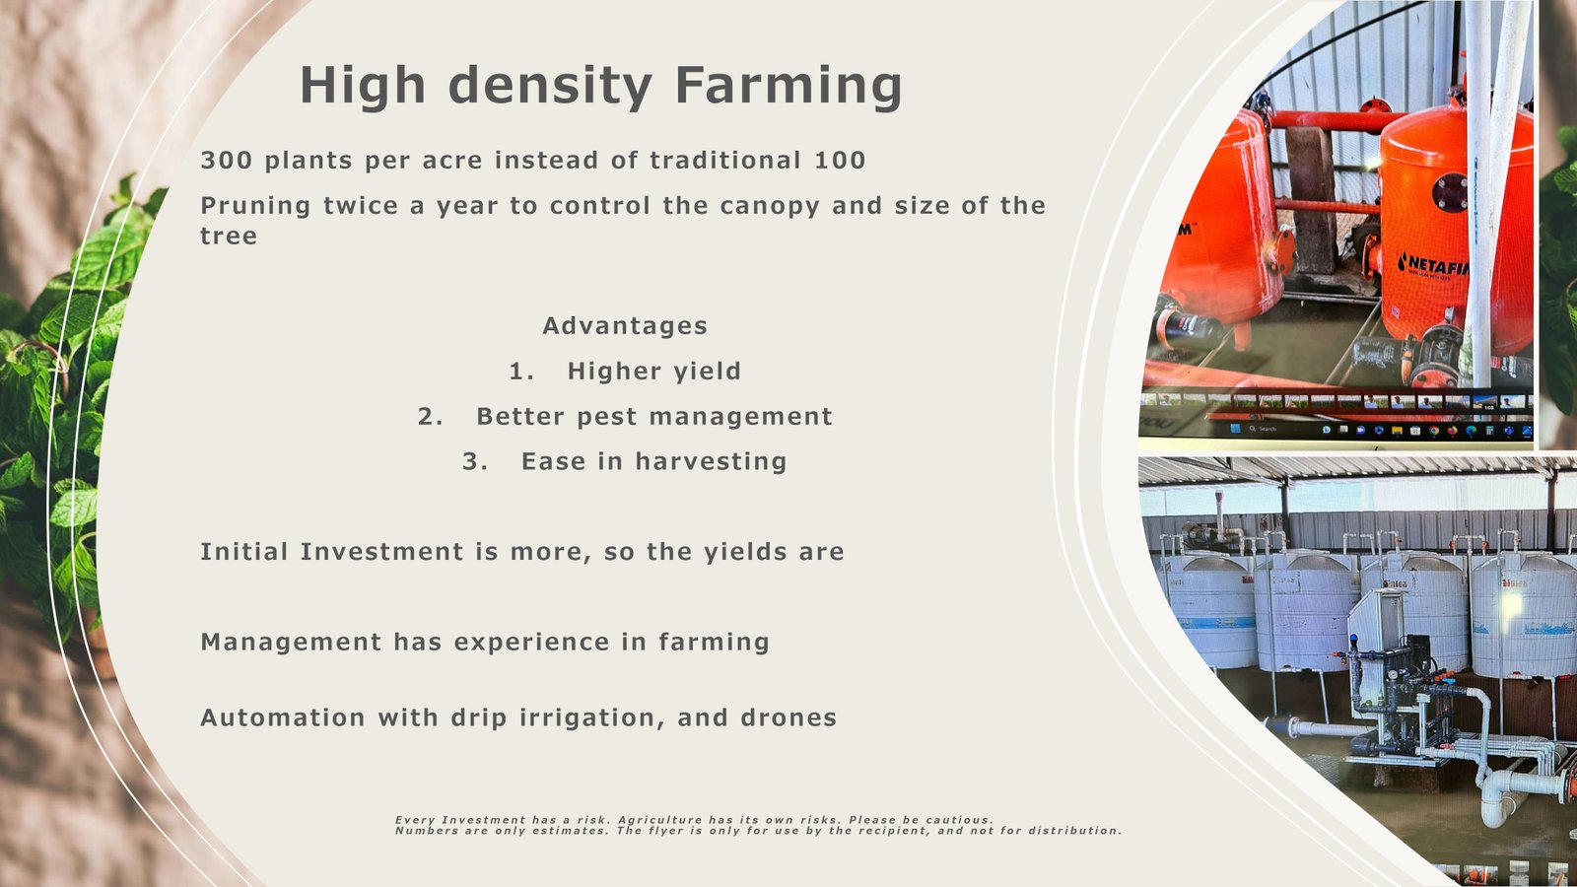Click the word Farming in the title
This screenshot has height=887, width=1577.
[788, 87]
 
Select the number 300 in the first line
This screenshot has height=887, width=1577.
[226, 161]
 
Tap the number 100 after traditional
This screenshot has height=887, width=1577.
[840, 161]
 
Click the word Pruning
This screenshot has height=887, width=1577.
[255, 206]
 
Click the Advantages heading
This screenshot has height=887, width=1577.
[625, 326]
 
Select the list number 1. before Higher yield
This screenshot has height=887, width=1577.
[521, 371]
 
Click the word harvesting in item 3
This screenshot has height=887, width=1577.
[711, 462]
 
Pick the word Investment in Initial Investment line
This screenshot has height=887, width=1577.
[381, 552]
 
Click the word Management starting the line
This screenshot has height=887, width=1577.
[291, 643]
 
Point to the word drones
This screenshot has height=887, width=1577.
[788, 718]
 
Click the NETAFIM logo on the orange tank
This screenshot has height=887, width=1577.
[1433, 266]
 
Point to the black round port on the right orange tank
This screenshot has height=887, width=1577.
[1452, 191]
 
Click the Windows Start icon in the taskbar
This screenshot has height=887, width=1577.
[1235, 429]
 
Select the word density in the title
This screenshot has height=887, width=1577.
[551, 87]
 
